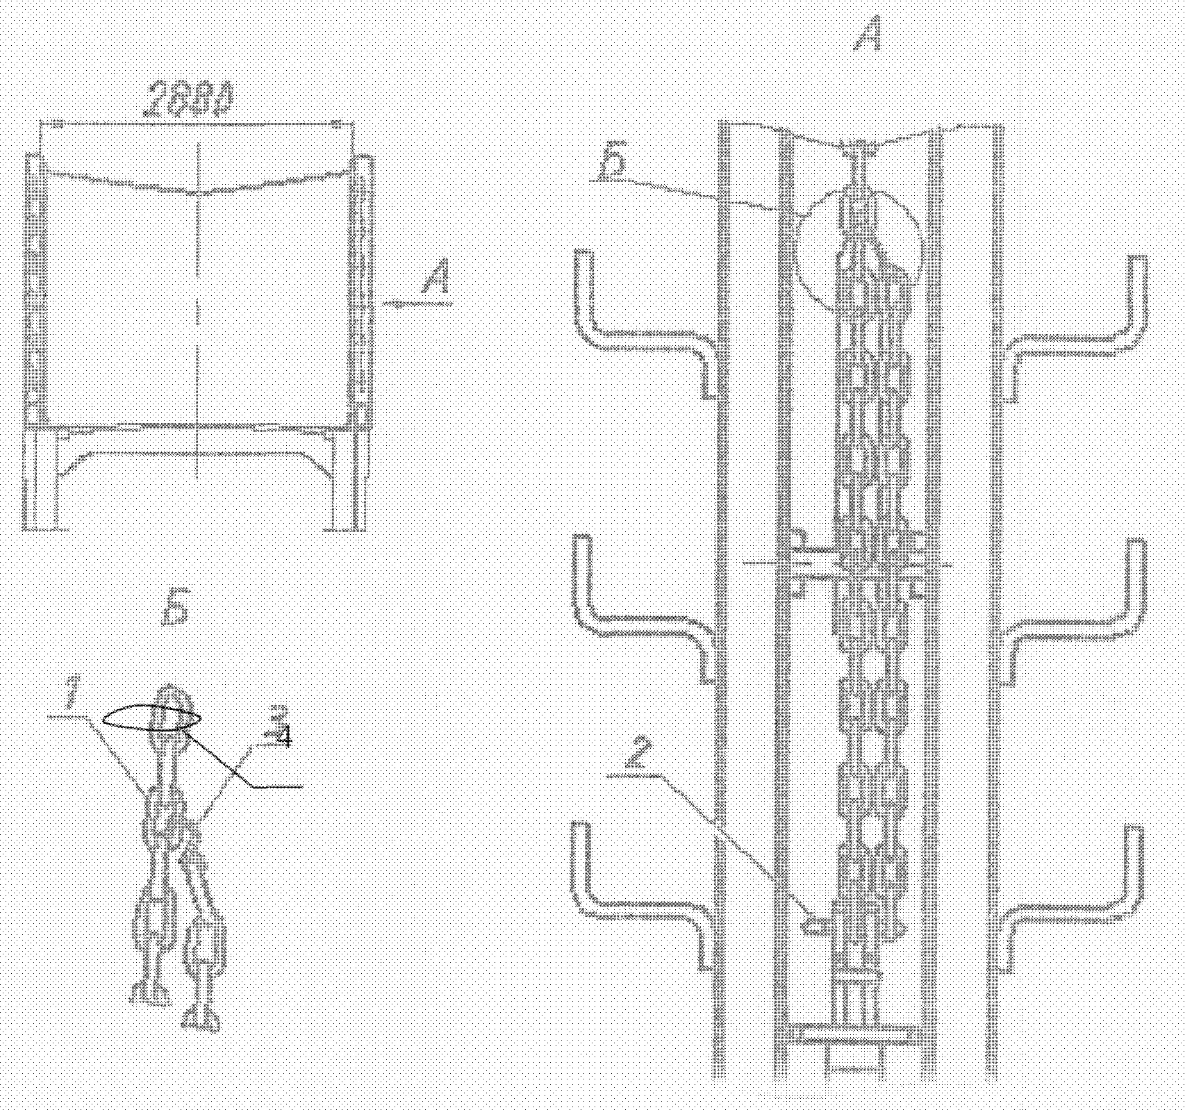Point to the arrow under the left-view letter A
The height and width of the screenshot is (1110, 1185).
point(417,304)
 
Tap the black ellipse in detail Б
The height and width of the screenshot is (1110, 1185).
point(152,717)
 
